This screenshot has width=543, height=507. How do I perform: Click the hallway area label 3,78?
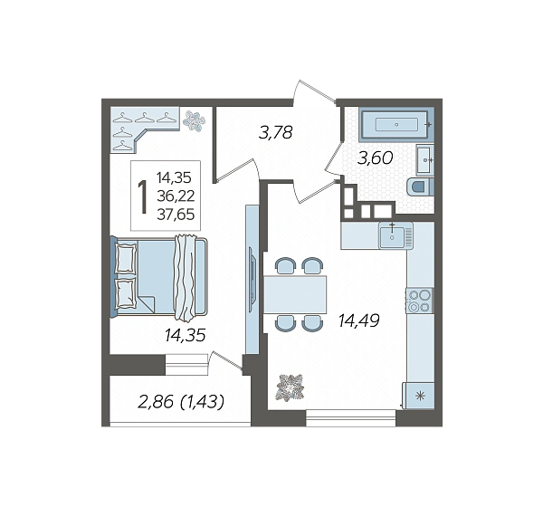[276, 132]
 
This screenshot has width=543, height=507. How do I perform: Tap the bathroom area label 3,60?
[376, 158]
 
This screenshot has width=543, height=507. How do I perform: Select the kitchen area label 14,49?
[359, 320]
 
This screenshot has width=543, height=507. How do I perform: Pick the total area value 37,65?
[176, 215]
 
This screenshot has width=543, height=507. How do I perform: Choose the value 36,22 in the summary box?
[176, 196]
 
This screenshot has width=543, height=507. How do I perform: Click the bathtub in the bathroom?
[396, 125]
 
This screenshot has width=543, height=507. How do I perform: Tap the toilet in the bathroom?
[421, 187]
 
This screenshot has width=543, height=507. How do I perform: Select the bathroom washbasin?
[425, 159]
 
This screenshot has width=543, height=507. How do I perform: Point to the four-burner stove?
[420, 301]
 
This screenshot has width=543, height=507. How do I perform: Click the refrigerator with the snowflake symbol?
[420, 396]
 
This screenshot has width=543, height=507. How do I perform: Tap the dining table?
[295, 294]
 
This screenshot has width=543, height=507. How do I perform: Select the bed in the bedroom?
[159, 277]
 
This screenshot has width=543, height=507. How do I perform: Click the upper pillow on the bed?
[125, 258]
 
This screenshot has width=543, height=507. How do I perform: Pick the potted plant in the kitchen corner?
[291, 387]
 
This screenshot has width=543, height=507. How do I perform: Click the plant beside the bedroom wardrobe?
[194, 120]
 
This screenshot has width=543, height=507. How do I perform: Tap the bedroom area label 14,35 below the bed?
[185, 336]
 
